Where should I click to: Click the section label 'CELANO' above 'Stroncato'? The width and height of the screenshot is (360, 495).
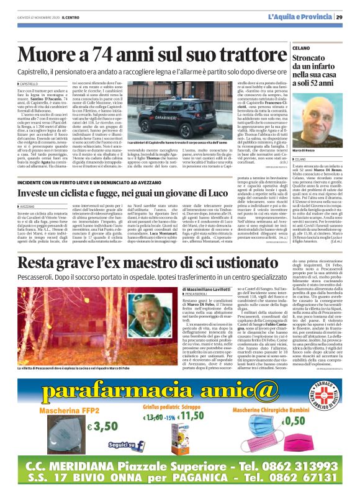[302, 47]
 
